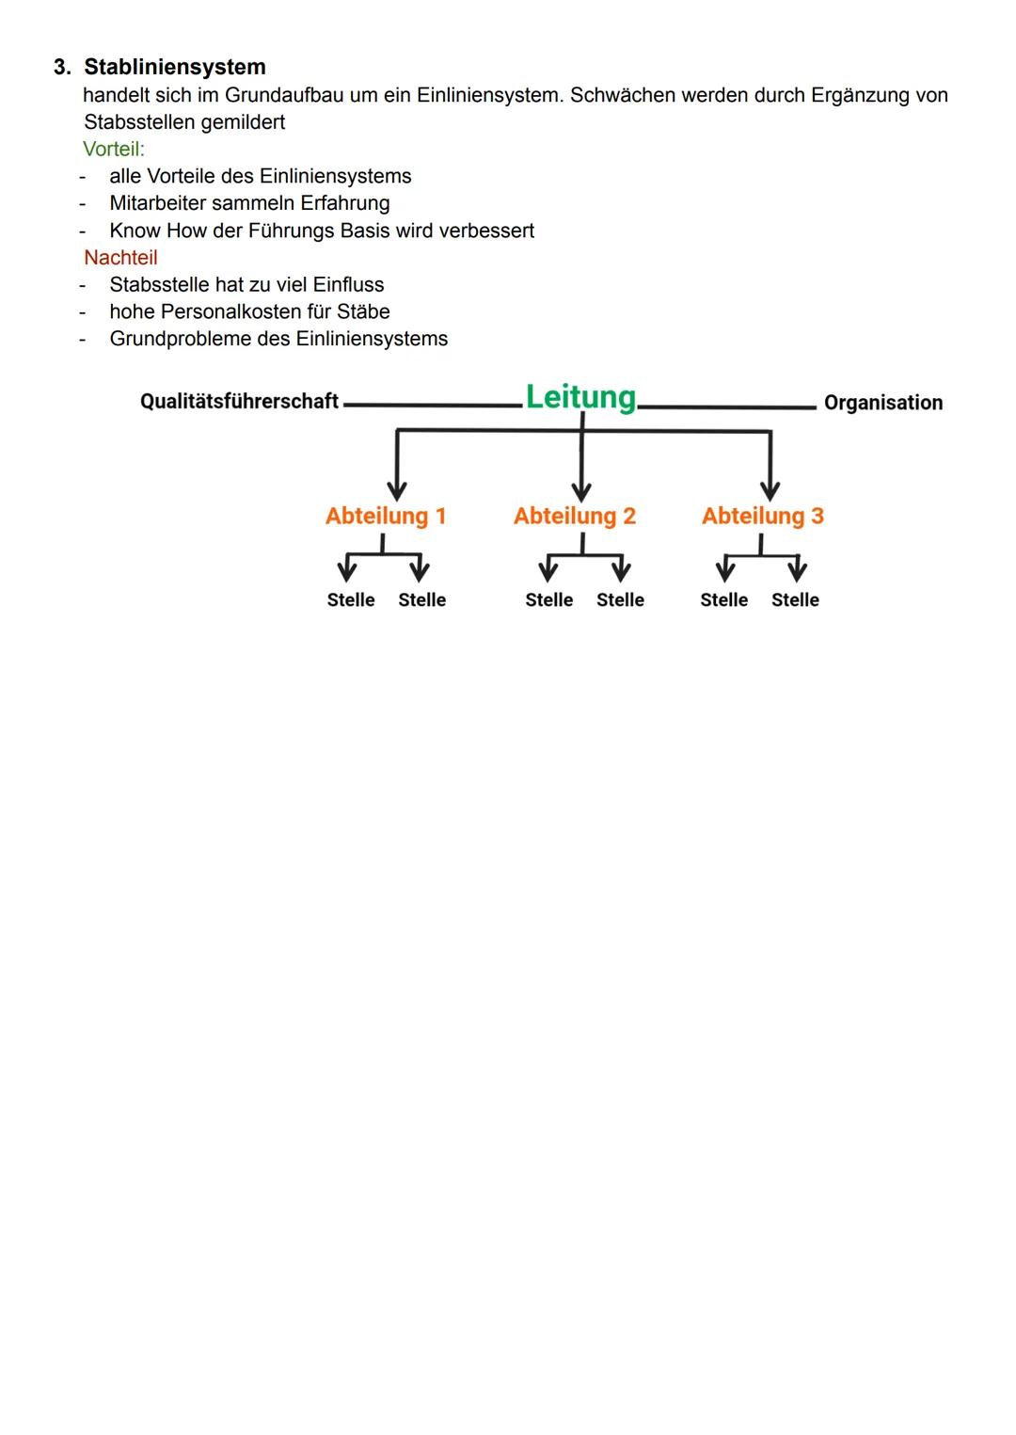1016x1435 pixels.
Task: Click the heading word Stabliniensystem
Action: [175, 67]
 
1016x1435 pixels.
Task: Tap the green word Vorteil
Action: [112, 149]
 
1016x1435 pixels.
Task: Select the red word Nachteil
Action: [120, 257]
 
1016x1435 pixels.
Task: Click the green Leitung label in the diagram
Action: [580, 397]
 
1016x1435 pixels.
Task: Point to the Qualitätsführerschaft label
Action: [239, 401]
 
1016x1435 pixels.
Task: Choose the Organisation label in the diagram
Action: [882, 403]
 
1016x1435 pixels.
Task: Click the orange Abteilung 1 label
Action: [386, 516]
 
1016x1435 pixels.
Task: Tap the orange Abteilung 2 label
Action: [575, 516]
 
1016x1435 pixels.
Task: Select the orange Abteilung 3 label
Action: [763, 516]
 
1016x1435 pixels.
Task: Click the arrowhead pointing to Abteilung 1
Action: [397, 490]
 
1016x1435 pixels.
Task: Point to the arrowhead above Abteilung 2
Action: [581, 490]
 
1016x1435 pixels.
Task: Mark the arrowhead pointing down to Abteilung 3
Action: [770, 490]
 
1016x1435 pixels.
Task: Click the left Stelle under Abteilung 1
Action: [351, 599]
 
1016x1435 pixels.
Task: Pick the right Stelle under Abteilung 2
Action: [620, 599]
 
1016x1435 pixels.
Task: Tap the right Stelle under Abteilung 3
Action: [795, 599]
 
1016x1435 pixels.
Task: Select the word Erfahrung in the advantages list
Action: [344, 203]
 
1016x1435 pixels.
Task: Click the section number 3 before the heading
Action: [61, 67]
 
